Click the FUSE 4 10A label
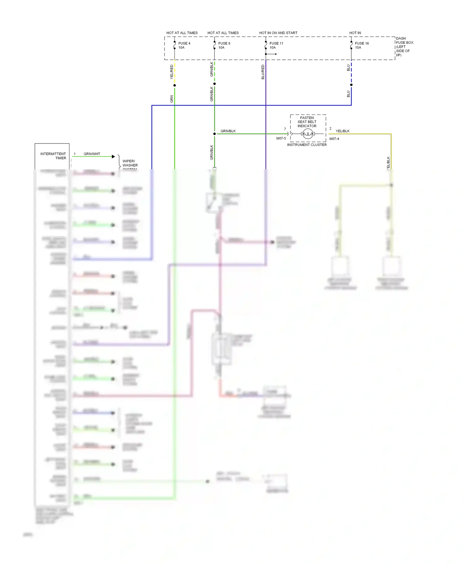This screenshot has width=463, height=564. click(x=184, y=45)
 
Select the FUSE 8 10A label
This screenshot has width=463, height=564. click(x=224, y=45)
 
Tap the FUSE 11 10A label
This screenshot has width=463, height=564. click(x=276, y=45)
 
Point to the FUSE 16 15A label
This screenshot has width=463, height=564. click(x=361, y=45)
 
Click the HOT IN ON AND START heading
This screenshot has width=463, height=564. click(x=278, y=33)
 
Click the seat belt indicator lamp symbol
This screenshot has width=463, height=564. click(x=308, y=134)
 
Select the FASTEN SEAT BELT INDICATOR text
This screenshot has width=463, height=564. click(x=307, y=122)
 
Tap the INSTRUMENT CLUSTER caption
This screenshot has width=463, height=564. click(x=307, y=145)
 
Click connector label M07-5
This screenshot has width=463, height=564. click(x=281, y=139)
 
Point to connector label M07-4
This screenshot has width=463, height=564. click(x=334, y=139)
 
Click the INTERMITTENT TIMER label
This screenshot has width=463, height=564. click(x=53, y=156)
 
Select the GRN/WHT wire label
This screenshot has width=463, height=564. click(x=92, y=154)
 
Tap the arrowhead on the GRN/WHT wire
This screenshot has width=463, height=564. click(x=113, y=157)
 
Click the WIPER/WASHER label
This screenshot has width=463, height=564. click(x=130, y=163)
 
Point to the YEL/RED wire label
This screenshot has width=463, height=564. click(x=172, y=72)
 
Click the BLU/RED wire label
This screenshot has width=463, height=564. click(x=263, y=72)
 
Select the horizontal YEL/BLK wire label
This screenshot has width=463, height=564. click(x=343, y=131)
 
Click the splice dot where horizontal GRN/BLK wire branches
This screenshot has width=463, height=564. click(x=215, y=134)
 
